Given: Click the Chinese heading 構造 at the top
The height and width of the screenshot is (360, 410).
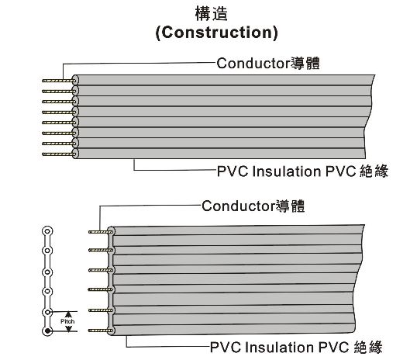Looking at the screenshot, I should [216, 13].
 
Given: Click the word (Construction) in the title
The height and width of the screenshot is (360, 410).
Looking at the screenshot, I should [216, 33].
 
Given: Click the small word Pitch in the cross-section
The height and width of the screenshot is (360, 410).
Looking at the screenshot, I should [67, 320].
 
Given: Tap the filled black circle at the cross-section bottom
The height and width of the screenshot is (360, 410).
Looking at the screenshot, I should [48, 332].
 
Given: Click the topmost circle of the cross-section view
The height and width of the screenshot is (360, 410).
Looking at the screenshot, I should [48, 231].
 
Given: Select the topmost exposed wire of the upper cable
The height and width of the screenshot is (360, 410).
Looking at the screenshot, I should [56, 80].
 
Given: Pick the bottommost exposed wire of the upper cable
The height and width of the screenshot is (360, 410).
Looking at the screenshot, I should [56, 153].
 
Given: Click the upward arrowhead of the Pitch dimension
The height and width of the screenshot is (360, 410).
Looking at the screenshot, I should [68, 313].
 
